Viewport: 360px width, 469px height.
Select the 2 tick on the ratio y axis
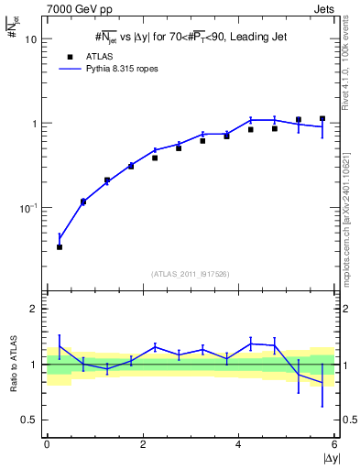pos(35,310)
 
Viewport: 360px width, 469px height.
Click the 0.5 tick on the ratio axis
pos(31,420)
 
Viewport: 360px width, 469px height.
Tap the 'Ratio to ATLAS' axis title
pos(12,364)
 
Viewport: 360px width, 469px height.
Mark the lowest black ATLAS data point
pos(60,246)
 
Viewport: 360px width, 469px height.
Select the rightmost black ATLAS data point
pos(322,118)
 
